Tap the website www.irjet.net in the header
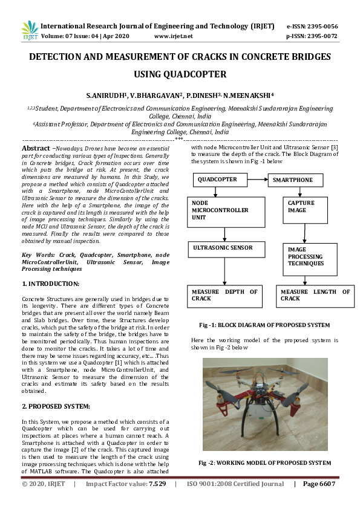[x=174, y=36]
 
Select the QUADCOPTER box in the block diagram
[x=218, y=180]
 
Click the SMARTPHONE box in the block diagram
[x=293, y=180]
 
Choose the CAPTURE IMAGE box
[x=303, y=207]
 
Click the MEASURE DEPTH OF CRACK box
[x=224, y=295]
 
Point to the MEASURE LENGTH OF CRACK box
[x=315, y=295]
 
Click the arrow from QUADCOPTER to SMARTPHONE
[x=257, y=180]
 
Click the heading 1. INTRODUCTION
[x=50, y=284]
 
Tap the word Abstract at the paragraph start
[x=36, y=148]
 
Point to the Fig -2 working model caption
[x=265, y=462]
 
